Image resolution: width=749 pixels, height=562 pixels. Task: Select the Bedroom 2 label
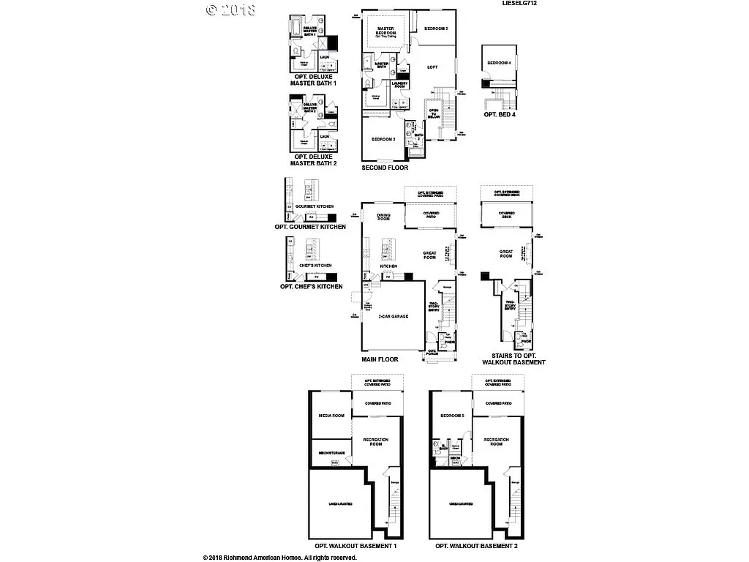tap(436, 29)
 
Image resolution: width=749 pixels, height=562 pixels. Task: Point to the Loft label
tap(432, 67)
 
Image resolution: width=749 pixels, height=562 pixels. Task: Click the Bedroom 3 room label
tap(383, 139)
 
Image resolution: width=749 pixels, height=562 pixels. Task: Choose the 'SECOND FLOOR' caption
tap(385, 168)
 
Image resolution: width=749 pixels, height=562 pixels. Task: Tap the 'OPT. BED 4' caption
tap(500, 114)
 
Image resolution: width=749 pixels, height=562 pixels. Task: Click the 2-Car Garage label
tap(393, 315)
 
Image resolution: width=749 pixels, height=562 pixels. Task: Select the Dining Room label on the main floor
tap(383, 217)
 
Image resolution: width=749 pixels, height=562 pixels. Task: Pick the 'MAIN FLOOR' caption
tap(380, 359)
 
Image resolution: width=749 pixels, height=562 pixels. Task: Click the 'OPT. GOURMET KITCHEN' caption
tap(310, 227)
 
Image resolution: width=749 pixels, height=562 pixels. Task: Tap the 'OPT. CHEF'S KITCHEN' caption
tap(311, 286)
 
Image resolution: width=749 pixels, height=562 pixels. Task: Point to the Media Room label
tap(331, 416)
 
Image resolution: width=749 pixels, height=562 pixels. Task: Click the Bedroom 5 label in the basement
tap(452, 416)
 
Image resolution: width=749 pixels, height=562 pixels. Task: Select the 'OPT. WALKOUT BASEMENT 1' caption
tap(355, 546)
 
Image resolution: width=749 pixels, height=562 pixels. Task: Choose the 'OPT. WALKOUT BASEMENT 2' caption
tap(476, 546)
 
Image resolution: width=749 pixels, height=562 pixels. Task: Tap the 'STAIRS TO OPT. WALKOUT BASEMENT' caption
tap(513, 359)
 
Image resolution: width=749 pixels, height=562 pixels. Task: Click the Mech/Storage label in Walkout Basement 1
tap(331, 452)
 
